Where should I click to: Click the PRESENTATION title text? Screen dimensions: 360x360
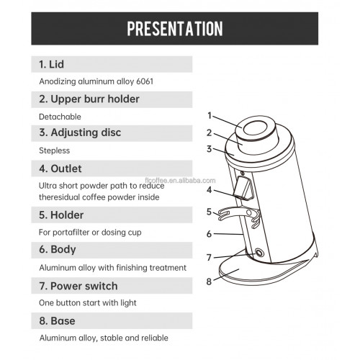click(x=175, y=29)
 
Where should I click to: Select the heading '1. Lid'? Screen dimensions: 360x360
click(x=51, y=64)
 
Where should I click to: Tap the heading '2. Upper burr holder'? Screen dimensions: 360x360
click(x=89, y=99)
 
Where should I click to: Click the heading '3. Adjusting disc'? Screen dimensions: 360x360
click(x=80, y=132)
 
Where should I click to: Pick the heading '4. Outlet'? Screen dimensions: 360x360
click(x=60, y=168)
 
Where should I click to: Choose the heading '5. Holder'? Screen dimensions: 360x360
click(x=61, y=215)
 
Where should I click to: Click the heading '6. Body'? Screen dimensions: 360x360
click(x=58, y=250)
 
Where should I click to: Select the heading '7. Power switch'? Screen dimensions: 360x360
click(x=78, y=286)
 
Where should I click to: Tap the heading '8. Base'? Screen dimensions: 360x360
click(x=57, y=321)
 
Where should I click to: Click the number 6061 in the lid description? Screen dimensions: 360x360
click(x=145, y=81)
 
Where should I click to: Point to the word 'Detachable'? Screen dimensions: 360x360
click(x=60, y=117)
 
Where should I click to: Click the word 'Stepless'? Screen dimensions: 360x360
click(x=55, y=150)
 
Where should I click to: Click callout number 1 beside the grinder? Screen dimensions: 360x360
click(x=210, y=115)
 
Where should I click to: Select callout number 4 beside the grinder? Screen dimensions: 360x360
click(x=210, y=190)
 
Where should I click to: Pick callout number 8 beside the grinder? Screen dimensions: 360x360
click(x=209, y=282)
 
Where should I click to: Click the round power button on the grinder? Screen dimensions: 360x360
click(x=259, y=253)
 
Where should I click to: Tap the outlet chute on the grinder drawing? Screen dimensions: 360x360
click(x=243, y=189)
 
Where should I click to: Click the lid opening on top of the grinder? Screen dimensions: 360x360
click(x=255, y=128)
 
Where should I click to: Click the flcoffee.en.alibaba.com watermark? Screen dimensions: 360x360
click(x=180, y=180)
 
